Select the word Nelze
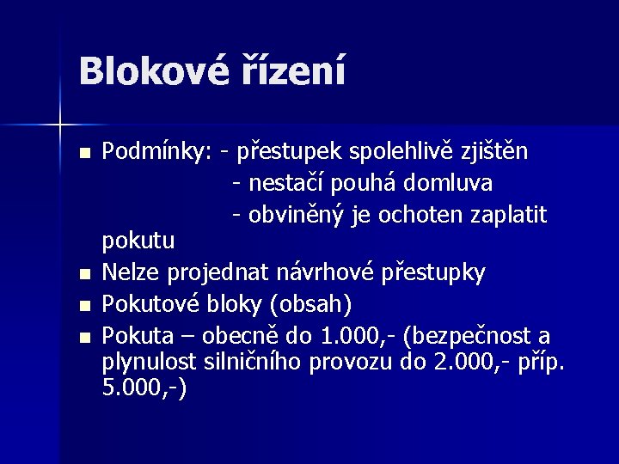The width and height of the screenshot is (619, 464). pos(131,273)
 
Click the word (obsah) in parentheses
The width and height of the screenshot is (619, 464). pos(308,304)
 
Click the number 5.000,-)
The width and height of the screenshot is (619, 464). pos(144,389)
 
